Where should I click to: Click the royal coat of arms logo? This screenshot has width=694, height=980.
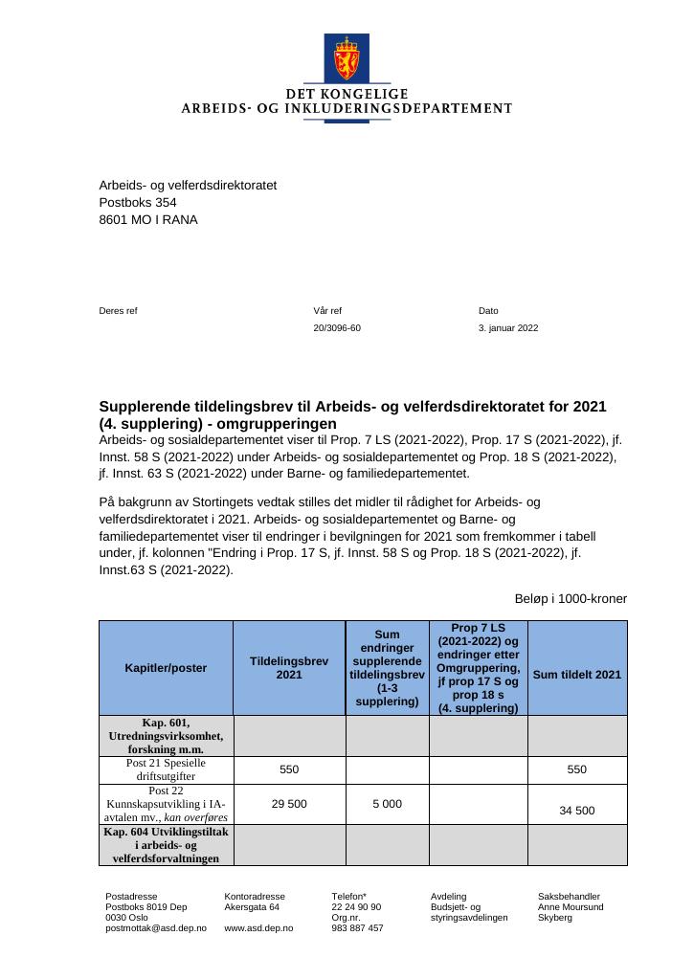click(347, 58)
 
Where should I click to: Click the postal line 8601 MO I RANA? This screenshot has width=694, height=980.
click(148, 220)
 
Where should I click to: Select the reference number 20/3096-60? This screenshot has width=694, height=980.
click(337, 328)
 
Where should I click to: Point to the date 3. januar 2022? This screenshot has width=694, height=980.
click(508, 328)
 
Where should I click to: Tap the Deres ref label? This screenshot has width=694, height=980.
click(118, 311)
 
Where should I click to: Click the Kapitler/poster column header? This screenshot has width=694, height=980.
click(166, 668)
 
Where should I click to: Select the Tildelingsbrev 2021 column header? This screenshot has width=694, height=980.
click(289, 668)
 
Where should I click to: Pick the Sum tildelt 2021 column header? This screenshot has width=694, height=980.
click(576, 675)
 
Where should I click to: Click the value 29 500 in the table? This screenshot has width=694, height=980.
click(289, 804)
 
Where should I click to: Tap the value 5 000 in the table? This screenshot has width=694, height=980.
click(387, 804)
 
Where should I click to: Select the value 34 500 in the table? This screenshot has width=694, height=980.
click(576, 811)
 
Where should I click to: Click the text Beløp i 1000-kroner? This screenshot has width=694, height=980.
click(571, 599)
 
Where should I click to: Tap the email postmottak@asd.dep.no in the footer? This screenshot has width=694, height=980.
click(155, 928)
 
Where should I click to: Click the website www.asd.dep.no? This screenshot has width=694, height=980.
click(258, 928)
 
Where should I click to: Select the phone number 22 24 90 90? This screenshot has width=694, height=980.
click(356, 906)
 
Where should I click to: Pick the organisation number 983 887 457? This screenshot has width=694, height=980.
click(357, 928)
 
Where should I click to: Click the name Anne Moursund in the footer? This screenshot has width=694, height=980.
click(571, 906)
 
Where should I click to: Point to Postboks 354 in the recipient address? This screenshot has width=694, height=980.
click(138, 203)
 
